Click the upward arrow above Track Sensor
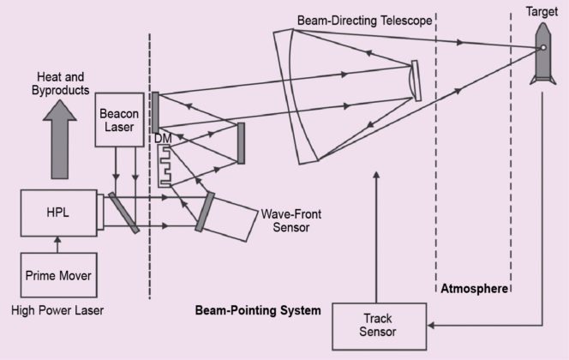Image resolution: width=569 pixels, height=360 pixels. click(374, 231)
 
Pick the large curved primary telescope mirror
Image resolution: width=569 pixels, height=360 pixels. click(296, 94)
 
